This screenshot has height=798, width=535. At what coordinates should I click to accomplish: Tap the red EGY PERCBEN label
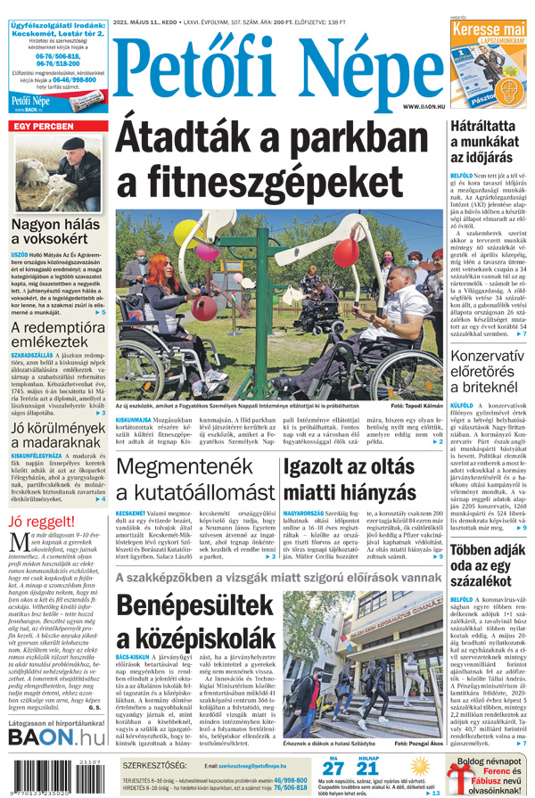click(42, 127)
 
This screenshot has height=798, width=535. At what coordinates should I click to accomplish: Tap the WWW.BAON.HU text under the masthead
click(423, 107)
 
